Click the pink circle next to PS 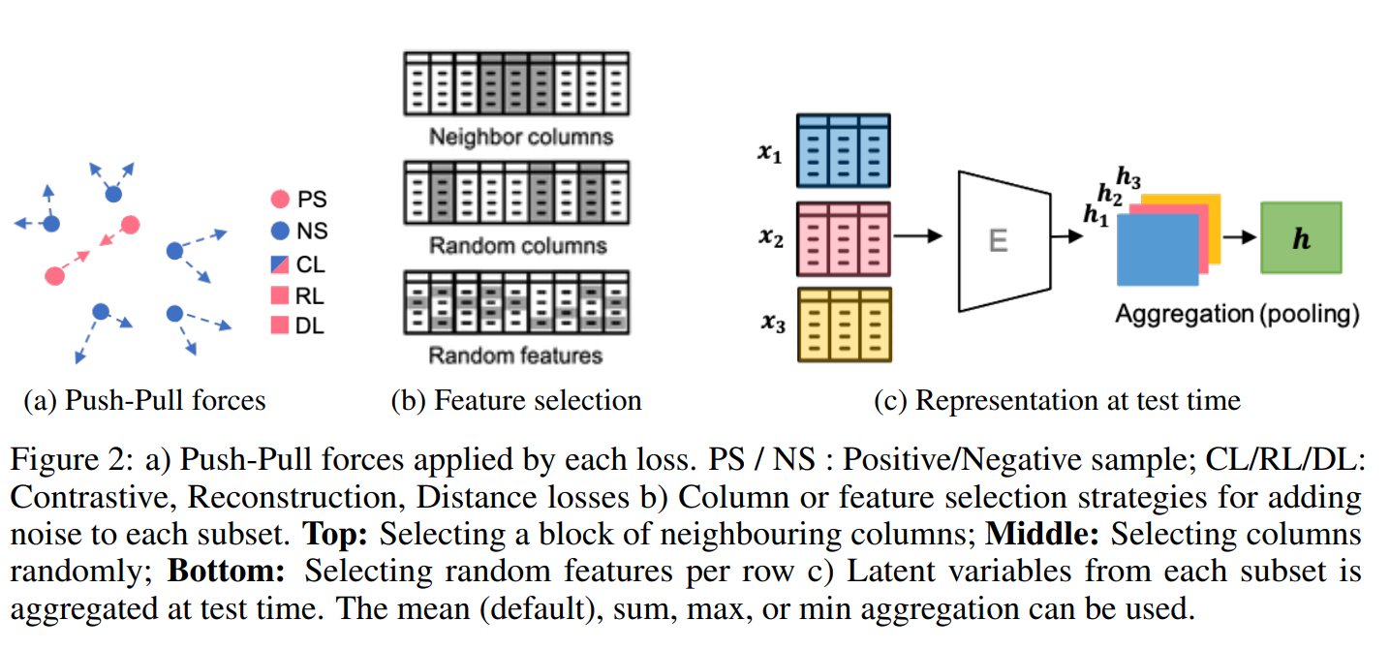click(x=279, y=200)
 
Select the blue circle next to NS click(x=279, y=232)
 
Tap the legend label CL click(x=311, y=263)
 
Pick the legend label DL click(x=310, y=325)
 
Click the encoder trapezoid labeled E click(x=998, y=239)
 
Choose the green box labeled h click(x=1301, y=238)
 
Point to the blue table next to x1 click(x=843, y=150)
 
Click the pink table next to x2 click(x=843, y=238)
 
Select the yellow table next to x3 click(x=843, y=325)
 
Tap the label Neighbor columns click(x=521, y=137)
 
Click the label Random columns click(x=518, y=245)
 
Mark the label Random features click(x=515, y=356)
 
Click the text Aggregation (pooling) click(x=1237, y=314)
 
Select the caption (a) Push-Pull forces click(x=144, y=400)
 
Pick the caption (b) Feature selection click(x=515, y=400)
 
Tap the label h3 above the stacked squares click(x=1128, y=176)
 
